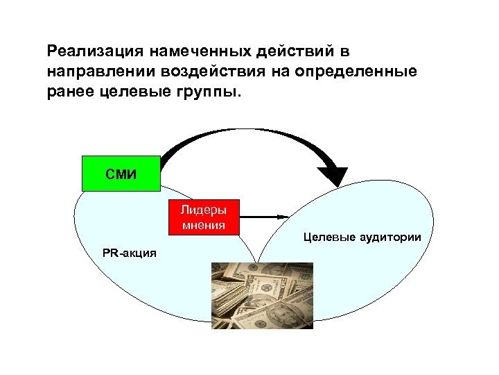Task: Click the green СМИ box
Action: click(121, 173)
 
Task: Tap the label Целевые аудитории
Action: click(362, 237)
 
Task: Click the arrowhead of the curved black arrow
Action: click(336, 175)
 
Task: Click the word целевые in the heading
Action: click(131, 92)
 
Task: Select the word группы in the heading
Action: click(207, 92)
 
